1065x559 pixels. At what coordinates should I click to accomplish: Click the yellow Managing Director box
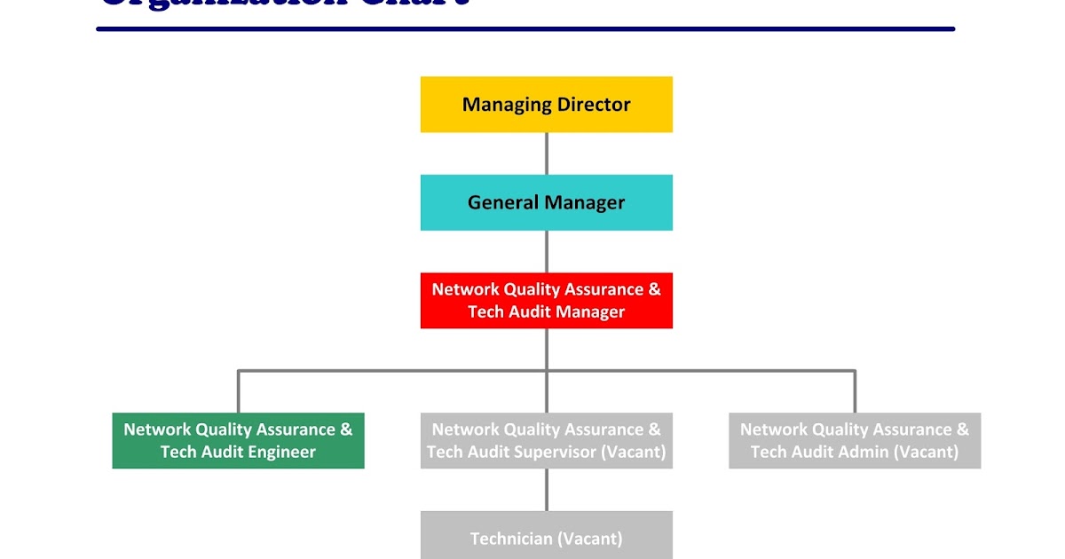coord(546,105)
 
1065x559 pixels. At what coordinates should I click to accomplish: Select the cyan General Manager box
coord(546,202)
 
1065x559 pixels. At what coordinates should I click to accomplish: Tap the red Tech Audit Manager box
coord(546,301)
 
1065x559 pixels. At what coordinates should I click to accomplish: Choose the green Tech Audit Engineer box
coord(238,441)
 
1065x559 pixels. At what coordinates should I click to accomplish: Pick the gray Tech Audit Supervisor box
coord(546,441)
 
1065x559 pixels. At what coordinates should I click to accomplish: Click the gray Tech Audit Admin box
coord(855,441)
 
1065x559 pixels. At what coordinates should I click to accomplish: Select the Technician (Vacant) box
coord(546,535)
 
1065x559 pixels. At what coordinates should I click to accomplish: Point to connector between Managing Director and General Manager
coord(546,154)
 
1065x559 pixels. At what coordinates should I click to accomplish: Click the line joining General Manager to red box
coord(546,251)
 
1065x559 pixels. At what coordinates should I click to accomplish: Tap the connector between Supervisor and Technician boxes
coord(546,490)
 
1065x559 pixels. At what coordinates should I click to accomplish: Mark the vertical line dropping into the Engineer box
coord(238,392)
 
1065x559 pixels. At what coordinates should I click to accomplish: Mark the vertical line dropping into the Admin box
coord(855,392)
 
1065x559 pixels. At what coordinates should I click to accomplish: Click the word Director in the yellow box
coord(594,105)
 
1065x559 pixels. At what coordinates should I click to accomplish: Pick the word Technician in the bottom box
coord(511,539)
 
